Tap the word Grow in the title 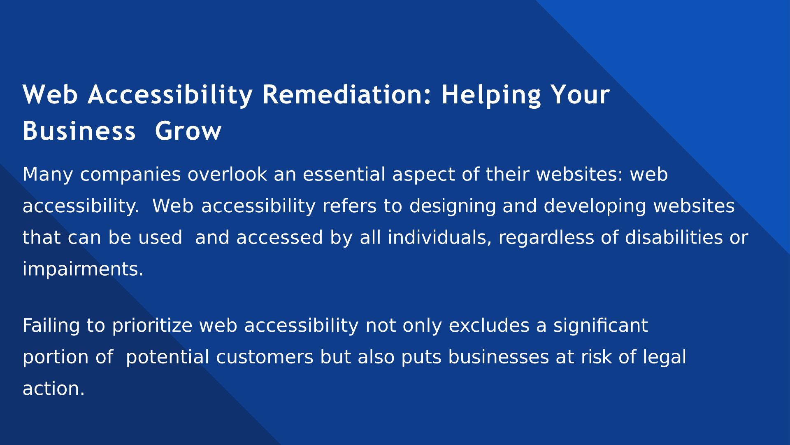[x=188, y=131]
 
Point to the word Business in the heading [x=79, y=131]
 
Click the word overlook [x=227, y=174]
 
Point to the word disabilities [x=674, y=238]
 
